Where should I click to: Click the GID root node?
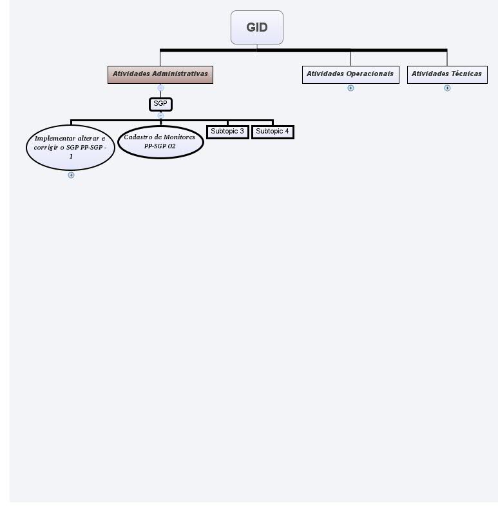click(x=256, y=28)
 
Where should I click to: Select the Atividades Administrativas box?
click(x=160, y=74)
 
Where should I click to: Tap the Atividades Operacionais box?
click(x=350, y=74)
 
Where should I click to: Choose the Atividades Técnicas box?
click(x=447, y=74)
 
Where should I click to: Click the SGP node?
click(x=160, y=104)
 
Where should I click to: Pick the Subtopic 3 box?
click(x=227, y=132)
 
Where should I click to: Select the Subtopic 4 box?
click(x=273, y=132)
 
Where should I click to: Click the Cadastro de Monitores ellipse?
click(x=160, y=142)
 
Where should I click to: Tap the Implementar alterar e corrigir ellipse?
click(x=70, y=148)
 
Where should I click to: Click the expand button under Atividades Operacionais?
click(x=350, y=88)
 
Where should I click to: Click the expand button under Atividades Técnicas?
click(x=447, y=88)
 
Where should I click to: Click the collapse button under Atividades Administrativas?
click(x=160, y=88)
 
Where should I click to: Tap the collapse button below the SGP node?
click(x=160, y=115)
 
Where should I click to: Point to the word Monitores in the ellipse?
click(x=179, y=137)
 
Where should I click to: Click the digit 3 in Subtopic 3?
click(x=242, y=132)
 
